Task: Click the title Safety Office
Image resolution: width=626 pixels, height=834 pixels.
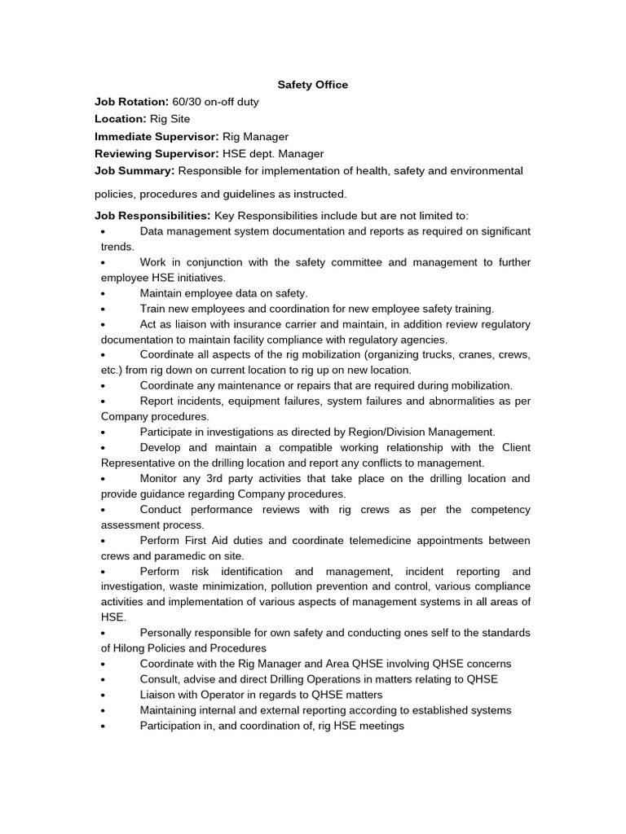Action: [313, 85]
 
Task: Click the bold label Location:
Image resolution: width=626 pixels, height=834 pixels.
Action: [121, 119]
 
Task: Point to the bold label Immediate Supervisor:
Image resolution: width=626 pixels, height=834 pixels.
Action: [156, 136]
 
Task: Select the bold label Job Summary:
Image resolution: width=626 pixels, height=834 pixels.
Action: [134, 170]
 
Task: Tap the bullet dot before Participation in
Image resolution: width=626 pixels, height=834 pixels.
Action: [104, 726]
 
